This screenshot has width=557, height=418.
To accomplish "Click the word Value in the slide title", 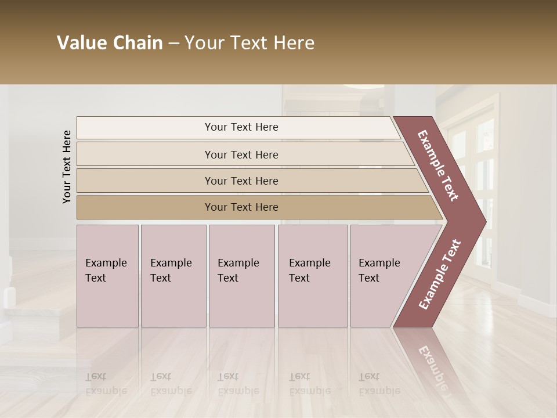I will [x=81, y=43].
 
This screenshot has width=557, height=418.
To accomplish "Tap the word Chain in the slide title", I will [x=138, y=43].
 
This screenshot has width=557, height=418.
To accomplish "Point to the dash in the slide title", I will [x=173, y=44].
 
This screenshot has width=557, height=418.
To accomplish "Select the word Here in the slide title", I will [x=294, y=43].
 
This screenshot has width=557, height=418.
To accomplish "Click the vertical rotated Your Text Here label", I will [x=67, y=167].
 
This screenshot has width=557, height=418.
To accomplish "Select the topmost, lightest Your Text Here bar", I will [x=241, y=127].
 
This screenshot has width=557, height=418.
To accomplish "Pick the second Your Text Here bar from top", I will [x=241, y=154].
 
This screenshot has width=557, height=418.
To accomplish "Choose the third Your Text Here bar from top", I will [x=241, y=181].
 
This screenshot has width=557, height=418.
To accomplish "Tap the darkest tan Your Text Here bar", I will [x=241, y=207].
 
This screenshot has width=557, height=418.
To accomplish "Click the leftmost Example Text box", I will [x=107, y=276].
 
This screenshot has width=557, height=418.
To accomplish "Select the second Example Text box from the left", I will [x=173, y=276].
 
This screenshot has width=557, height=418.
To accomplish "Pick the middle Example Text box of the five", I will [x=241, y=276].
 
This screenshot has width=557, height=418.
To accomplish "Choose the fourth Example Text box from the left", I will [x=313, y=276].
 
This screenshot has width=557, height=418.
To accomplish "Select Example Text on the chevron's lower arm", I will [x=440, y=274].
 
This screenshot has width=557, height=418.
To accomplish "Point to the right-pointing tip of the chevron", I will [x=483, y=221].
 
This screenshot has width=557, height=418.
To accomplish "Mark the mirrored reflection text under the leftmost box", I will [x=106, y=384].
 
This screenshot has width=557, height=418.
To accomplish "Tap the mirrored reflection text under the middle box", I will [x=238, y=384].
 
